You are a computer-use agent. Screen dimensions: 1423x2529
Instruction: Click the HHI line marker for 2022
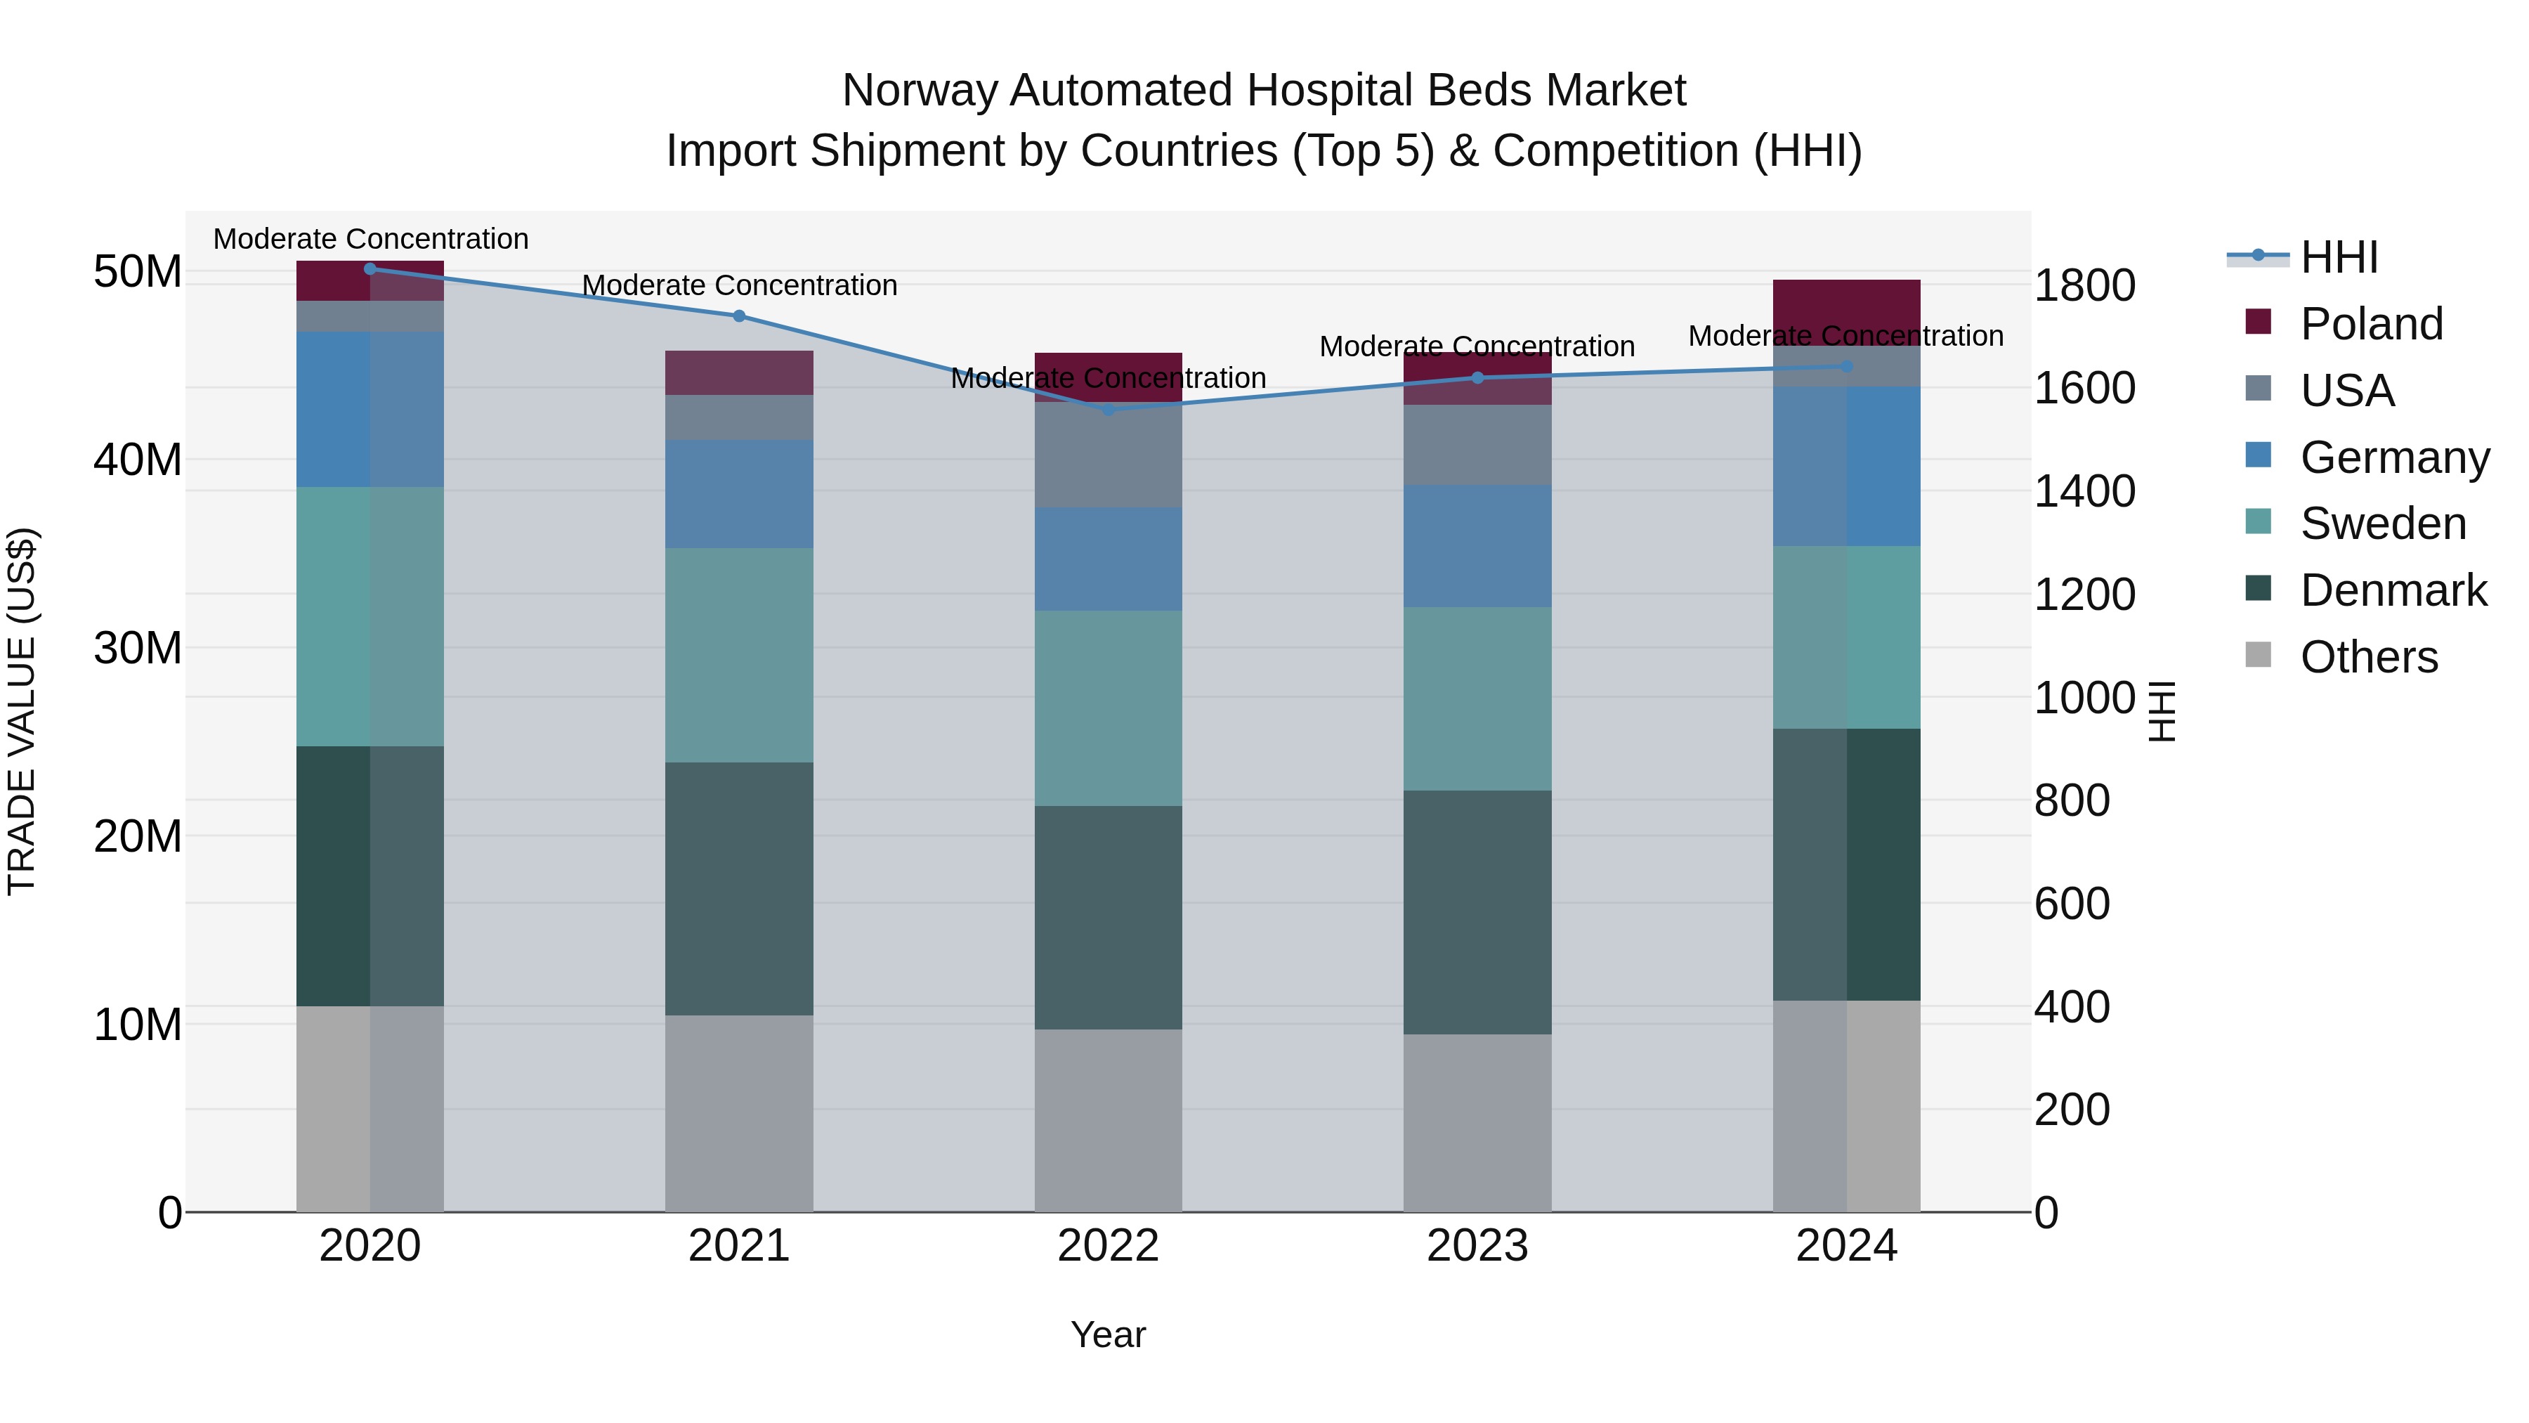coord(1109,410)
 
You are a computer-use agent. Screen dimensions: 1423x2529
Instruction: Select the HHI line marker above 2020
coord(370,268)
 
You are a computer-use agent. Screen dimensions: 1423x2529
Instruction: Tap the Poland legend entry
coord(2371,324)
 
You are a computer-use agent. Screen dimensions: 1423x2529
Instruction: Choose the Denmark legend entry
coord(2393,590)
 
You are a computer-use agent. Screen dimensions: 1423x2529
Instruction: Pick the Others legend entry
coord(2368,657)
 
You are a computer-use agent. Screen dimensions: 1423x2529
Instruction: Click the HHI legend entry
coord(2339,257)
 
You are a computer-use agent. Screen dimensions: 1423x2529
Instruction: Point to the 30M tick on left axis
coord(138,648)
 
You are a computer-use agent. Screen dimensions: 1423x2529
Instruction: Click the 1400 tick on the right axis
coord(2084,491)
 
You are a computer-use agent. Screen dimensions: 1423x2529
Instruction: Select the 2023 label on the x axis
coord(1477,1246)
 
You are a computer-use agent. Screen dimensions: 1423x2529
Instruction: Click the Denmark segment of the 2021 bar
coord(739,889)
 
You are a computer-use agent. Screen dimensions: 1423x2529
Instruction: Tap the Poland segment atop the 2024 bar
coord(1847,304)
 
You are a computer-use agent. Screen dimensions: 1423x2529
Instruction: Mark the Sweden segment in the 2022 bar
coord(1109,708)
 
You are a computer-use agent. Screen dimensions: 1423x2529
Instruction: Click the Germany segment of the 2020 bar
coord(370,410)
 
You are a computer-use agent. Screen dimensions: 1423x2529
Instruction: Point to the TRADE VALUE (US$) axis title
coord(22,711)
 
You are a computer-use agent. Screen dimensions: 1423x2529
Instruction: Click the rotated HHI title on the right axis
coord(2163,711)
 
